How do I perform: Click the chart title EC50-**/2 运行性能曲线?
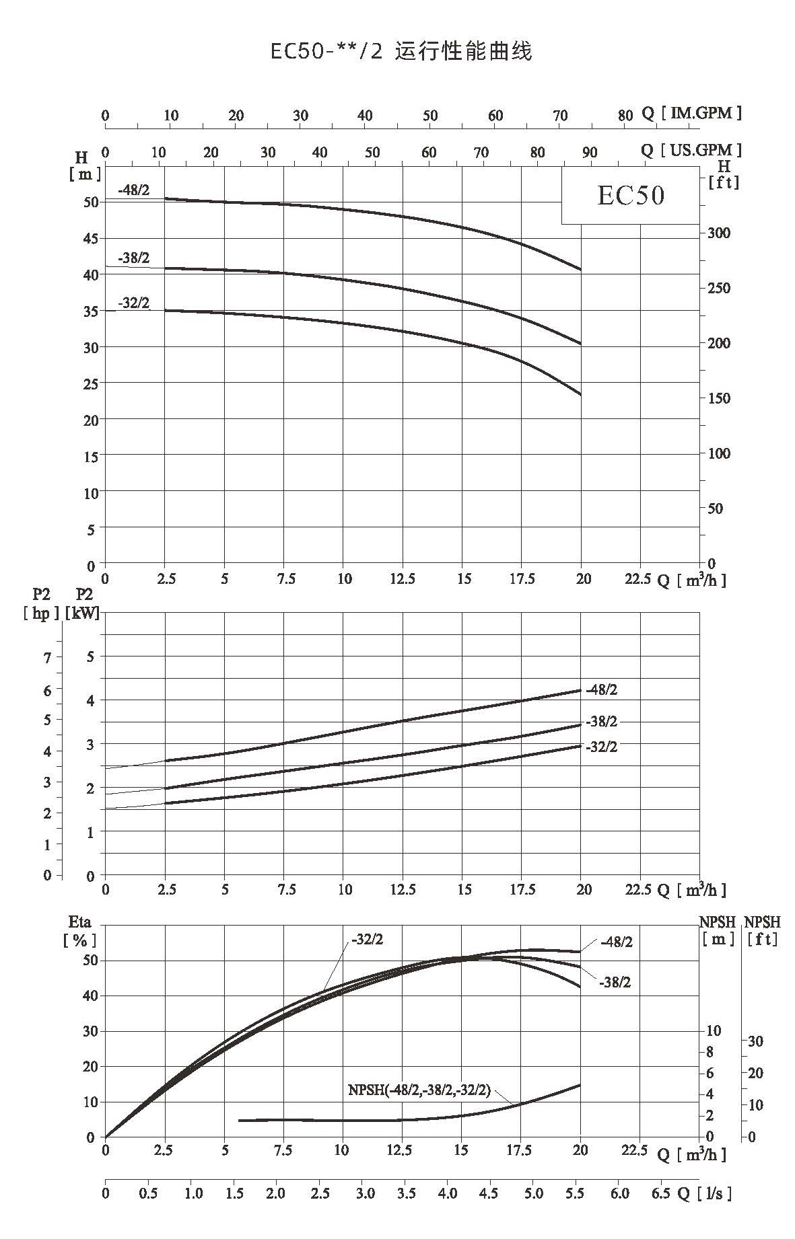coord(401,52)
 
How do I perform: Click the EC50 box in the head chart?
coord(631,195)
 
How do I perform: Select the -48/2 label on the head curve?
coord(133,190)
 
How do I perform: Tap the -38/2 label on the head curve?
coord(133,258)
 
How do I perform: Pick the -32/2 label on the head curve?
coord(133,303)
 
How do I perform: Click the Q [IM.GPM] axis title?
coord(691,113)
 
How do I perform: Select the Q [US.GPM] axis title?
coord(691,150)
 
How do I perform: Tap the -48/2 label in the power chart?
coord(601,689)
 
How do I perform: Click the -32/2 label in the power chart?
coord(601,747)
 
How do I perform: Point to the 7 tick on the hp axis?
coord(48,658)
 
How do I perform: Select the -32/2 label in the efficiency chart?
coord(367,940)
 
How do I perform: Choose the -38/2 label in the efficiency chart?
coord(615,983)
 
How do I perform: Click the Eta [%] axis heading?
coord(80,931)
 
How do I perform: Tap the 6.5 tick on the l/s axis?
coord(661,1193)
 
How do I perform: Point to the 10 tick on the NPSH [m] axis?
coord(714,1030)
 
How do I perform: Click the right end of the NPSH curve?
coord(580,1085)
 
